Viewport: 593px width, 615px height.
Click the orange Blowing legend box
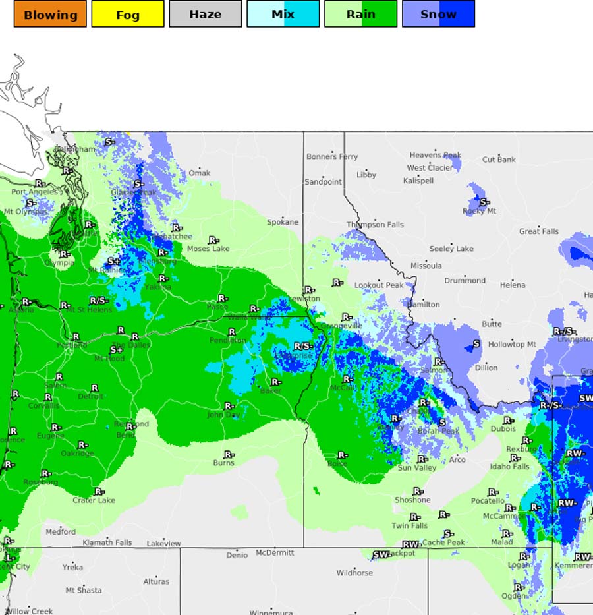coord(50,14)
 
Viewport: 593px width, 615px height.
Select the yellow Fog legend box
coord(128,14)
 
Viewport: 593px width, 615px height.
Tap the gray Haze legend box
coord(206,14)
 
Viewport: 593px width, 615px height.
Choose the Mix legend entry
coord(283,14)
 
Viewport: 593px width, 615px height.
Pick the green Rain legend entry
coord(361,14)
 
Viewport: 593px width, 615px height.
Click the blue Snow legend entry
coord(439,14)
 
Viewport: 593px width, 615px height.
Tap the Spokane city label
coord(283,223)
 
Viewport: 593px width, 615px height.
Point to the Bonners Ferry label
coord(332,157)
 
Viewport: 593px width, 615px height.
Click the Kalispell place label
coord(418,181)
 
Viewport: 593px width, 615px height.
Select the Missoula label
coord(426,266)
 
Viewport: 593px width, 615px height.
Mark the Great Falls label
coord(539,231)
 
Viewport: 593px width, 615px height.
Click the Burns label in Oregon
coord(223,463)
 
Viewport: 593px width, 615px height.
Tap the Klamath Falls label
coord(107,543)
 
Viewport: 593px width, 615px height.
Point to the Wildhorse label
coord(354,573)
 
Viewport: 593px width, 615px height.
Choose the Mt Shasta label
coord(84,591)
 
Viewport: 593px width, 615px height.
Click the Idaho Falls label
coord(509,467)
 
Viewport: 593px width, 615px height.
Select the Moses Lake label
coord(208,249)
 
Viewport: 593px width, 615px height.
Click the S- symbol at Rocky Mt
coord(484,202)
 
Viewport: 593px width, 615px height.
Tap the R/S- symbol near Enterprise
coord(303,346)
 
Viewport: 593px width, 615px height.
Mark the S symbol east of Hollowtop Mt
coord(476,344)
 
